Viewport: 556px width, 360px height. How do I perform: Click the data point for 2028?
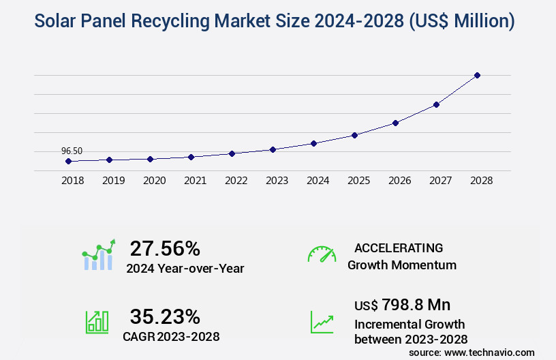tap(477, 75)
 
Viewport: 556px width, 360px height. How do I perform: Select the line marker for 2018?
tap(68, 161)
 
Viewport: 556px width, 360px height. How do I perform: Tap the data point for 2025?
tap(354, 135)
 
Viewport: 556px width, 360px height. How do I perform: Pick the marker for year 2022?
tap(232, 153)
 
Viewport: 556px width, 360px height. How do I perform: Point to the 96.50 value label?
tap(72, 151)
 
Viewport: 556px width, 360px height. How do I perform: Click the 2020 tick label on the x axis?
tap(154, 181)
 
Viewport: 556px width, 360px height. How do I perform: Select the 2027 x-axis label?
tap(440, 181)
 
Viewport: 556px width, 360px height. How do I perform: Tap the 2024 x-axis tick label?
tap(318, 181)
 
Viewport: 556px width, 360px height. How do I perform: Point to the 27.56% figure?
tap(165, 248)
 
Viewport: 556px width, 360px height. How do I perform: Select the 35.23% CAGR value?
tap(165, 316)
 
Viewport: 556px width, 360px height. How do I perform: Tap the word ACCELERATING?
tap(399, 248)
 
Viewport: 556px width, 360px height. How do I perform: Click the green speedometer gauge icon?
tap(322, 254)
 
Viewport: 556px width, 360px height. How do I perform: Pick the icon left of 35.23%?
tap(97, 322)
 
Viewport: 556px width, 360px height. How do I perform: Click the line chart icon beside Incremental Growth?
tap(322, 322)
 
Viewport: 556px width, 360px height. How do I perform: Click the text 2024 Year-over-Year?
tap(185, 269)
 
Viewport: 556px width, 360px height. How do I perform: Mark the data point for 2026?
tap(395, 123)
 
